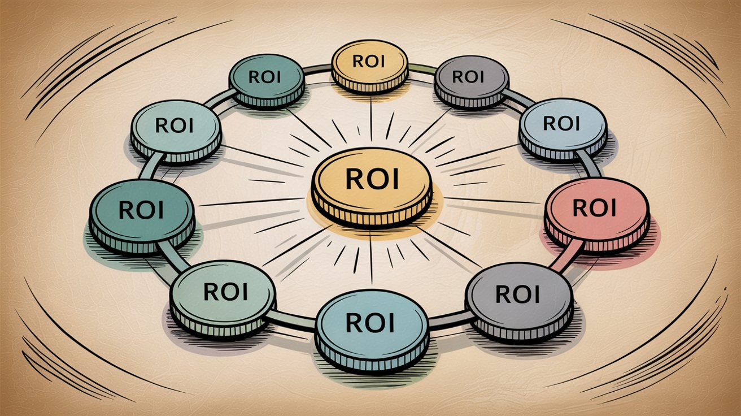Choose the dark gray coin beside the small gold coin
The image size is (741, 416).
click(470, 80)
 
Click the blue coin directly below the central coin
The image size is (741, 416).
click(370, 328)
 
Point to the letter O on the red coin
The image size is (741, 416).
click(595, 208)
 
